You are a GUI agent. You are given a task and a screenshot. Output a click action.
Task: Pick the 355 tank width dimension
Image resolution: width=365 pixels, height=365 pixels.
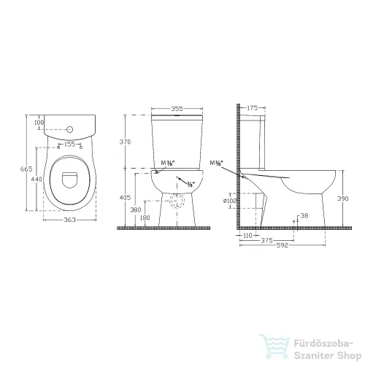tap(176, 108)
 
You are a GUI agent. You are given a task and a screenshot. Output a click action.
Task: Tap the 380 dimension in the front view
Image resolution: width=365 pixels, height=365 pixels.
tap(136, 210)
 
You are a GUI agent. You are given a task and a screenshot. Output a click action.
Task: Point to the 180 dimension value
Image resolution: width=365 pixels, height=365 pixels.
tap(145, 218)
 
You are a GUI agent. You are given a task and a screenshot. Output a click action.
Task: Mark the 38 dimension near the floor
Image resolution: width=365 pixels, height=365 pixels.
tap(304, 215)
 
